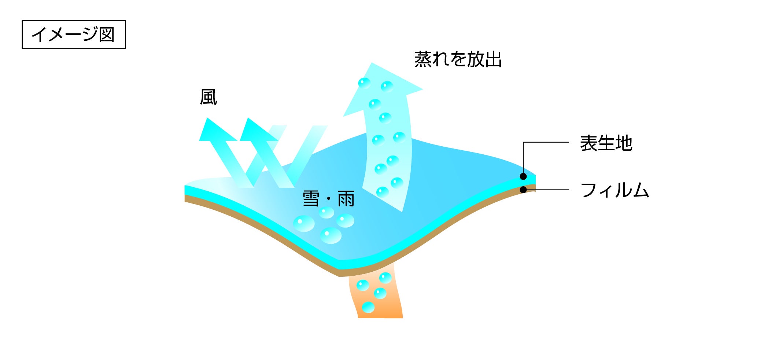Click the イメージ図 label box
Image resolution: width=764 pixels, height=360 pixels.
coord(74,34)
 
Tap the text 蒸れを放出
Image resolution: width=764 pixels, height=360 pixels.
coord(458,59)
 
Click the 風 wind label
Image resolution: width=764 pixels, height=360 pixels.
coord(208,98)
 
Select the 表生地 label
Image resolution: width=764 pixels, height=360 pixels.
coord(606,143)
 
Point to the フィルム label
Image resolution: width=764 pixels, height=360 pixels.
coord(614,190)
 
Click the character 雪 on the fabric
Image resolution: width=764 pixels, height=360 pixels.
coord(311,199)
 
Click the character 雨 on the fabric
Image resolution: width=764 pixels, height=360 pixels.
coord(346,199)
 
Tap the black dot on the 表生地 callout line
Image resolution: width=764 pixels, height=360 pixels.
coord(523,176)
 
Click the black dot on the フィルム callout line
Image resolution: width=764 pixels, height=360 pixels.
coord(523,190)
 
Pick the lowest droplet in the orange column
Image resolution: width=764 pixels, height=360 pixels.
coord(368,307)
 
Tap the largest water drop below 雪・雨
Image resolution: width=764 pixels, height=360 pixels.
coord(331,235)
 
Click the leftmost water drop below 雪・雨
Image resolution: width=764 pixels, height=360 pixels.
coord(304,223)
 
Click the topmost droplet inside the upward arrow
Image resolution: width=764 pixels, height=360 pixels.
coord(364,83)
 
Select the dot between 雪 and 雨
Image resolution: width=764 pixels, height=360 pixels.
coord(329,199)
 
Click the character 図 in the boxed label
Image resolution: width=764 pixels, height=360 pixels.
coord(107,34)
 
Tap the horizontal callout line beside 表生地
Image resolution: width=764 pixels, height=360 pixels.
coord(546,142)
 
